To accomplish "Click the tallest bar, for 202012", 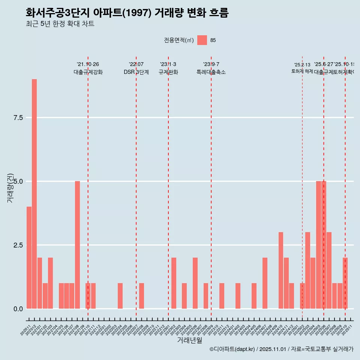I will pos(34,194).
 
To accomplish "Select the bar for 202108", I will pos(77,245).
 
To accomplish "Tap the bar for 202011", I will pos(29,258).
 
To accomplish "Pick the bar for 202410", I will pos(281,270).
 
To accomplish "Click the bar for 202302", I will pos(174,283).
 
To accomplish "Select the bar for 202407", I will pos(265,283).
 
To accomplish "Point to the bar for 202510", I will pos(345,283).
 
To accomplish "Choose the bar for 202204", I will pos(120,296).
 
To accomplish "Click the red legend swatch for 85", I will pos(202,40).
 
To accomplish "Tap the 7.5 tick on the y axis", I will pos(18,118).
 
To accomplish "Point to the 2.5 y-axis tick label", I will pos(18,245).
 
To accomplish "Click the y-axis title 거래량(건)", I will pos(10,188).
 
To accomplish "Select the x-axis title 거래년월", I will pos(189,340).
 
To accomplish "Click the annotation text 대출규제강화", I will pos(88,72).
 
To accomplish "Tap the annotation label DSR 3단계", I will pos(136,72).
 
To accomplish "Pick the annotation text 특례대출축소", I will pos(211,72).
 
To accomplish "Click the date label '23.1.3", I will pos(168,64).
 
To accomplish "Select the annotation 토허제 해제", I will pos(302,71).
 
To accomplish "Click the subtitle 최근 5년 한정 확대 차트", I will pos(60,24).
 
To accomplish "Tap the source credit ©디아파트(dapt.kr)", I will pos(232,349).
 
